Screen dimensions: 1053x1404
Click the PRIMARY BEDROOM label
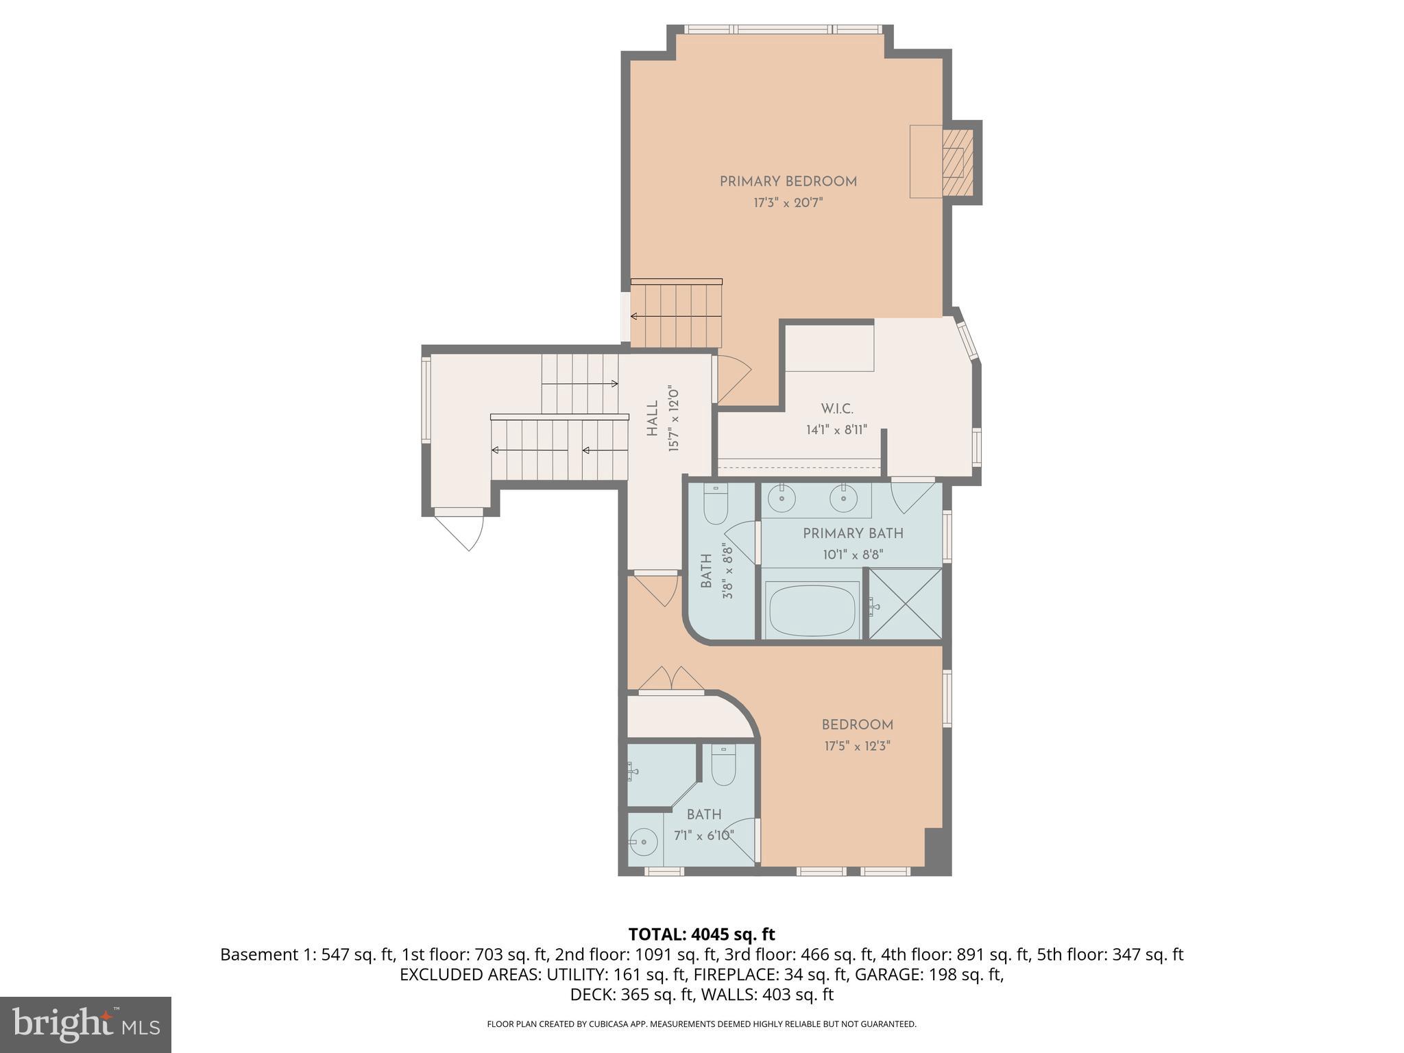(x=788, y=182)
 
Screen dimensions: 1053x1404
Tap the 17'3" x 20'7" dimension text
(x=788, y=203)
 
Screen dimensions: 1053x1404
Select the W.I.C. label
(x=837, y=409)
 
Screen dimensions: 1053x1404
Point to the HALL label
(x=652, y=419)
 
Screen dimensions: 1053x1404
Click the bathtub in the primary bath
(x=812, y=610)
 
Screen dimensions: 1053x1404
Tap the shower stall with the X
(x=906, y=604)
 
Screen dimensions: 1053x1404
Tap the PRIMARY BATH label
(x=853, y=533)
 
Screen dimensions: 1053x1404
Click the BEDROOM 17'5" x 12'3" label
(x=857, y=725)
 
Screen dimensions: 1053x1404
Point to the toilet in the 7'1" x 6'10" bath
(x=723, y=766)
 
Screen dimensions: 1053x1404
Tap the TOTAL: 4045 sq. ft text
(x=701, y=934)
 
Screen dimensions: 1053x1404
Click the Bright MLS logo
(x=86, y=1024)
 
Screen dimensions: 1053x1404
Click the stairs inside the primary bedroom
(x=677, y=316)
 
